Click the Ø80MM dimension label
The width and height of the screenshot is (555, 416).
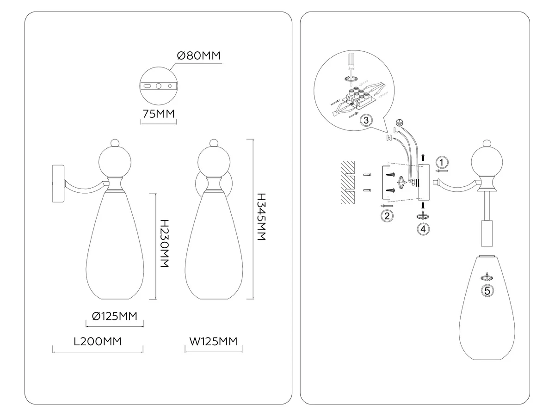point(199,55)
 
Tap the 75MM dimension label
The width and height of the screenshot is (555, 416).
point(159,114)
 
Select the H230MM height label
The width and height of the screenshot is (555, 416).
point(165,243)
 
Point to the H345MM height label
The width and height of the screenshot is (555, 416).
point(261,217)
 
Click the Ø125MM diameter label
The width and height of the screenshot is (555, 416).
point(115,316)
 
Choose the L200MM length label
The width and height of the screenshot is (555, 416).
point(98,342)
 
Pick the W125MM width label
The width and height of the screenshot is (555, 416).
point(213,342)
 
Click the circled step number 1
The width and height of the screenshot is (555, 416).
point(442,162)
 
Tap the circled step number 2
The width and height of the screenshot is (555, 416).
point(387,216)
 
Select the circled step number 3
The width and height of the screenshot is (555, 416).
point(366,120)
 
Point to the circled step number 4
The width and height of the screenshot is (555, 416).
point(423,229)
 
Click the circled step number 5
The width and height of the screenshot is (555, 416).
point(487,291)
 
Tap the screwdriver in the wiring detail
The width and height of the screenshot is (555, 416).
point(351,64)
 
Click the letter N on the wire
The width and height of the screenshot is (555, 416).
point(389,138)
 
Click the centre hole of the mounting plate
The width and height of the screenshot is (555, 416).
point(159,86)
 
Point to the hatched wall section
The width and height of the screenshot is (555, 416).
point(348,183)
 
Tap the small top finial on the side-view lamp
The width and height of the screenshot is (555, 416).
point(115,143)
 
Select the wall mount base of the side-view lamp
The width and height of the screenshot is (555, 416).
point(58,184)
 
